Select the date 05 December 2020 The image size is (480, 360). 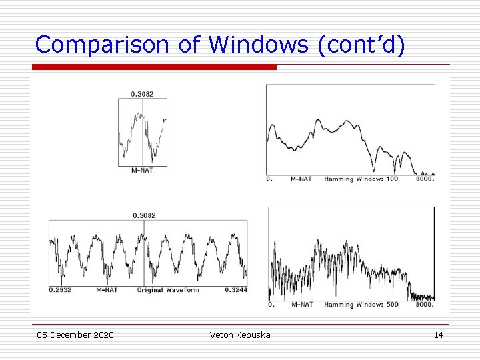(x=75, y=335)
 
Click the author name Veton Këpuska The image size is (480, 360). (x=240, y=335)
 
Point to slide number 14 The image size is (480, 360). (x=438, y=335)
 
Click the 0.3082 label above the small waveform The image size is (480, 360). (x=142, y=94)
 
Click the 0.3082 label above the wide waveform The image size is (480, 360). (x=144, y=215)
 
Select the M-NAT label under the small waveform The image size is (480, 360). (x=141, y=170)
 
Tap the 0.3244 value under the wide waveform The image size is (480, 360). (x=236, y=290)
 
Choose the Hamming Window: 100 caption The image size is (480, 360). (x=361, y=179)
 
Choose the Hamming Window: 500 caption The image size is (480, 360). (x=361, y=305)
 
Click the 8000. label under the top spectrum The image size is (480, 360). (x=424, y=179)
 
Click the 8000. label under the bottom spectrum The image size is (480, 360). (x=424, y=305)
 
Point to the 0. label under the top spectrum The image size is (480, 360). (x=269, y=179)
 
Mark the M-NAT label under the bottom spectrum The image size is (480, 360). (x=301, y=305)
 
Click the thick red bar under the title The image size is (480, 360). (x=154, y=67)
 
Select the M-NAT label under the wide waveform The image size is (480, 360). (x=107, y=290)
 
